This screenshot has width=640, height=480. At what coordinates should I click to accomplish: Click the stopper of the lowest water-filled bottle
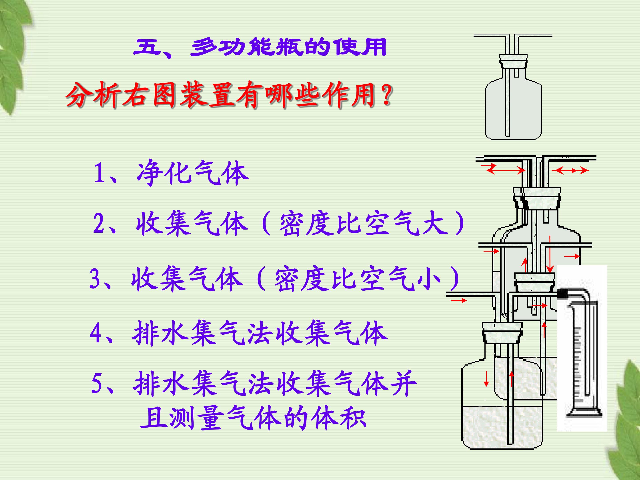[502, 333]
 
